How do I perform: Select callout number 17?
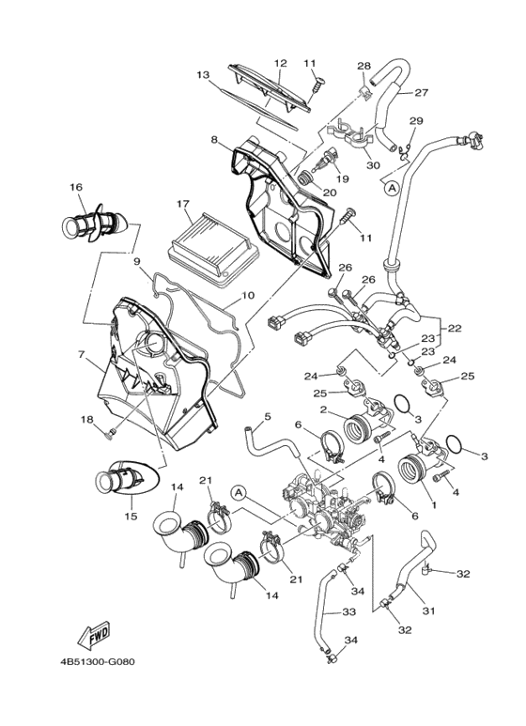(182, 203)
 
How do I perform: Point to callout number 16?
(75, 187)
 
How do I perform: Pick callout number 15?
(130, 516)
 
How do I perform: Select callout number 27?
(421, 92)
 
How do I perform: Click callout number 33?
(321, 611)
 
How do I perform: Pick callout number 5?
(267, 416)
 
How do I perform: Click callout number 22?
(455, 329)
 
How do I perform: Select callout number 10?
(247, 295)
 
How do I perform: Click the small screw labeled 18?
(110, 432)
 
